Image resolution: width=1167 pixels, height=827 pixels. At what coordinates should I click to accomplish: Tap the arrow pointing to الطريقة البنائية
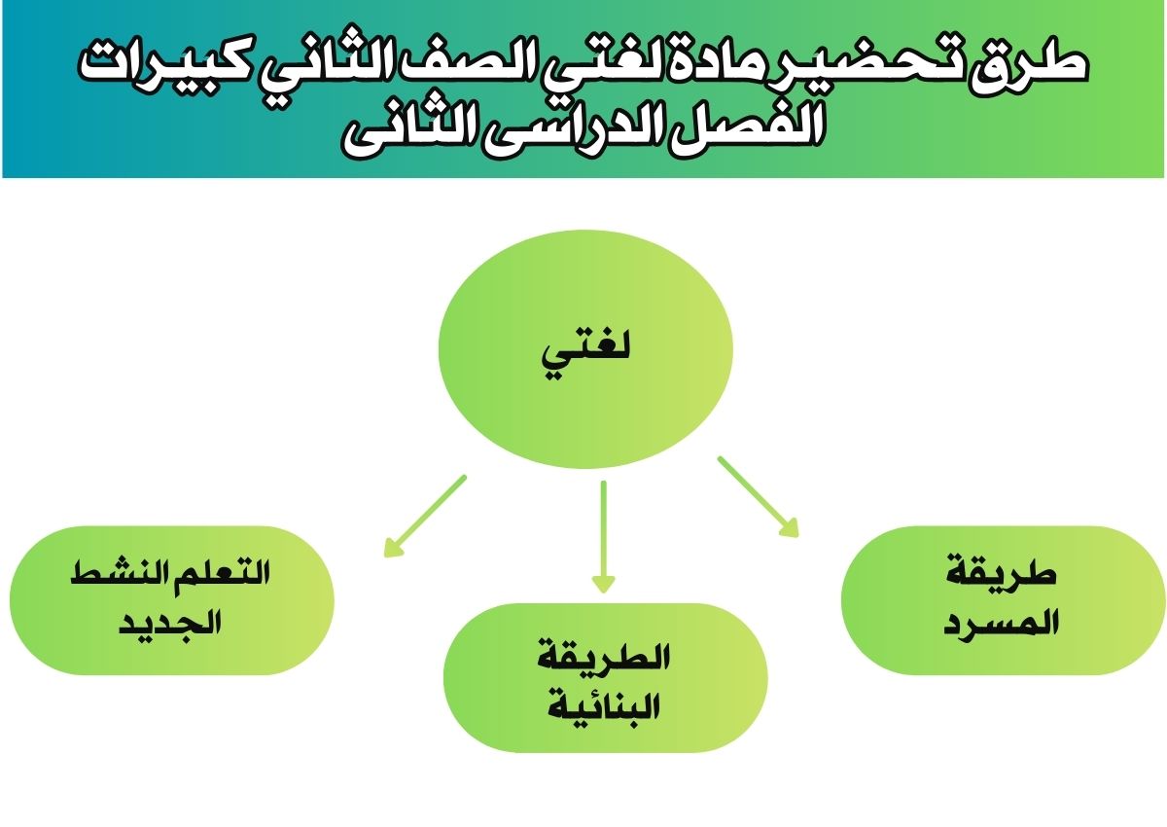point(604,536)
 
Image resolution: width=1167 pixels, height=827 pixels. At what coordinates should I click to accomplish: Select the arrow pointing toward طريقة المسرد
point(758,496)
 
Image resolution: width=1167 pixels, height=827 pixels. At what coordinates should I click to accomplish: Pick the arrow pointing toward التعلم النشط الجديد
point(425,517)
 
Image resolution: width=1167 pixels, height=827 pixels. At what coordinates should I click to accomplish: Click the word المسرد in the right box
point(1001,623)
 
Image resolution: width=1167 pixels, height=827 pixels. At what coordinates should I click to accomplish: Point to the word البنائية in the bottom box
point(603,707)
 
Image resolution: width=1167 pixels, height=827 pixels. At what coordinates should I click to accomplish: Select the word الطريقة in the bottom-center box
point(603,657)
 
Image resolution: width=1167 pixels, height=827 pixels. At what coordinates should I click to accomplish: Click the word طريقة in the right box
point(1001,574)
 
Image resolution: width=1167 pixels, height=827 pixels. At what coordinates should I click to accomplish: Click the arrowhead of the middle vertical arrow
point(604,585)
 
